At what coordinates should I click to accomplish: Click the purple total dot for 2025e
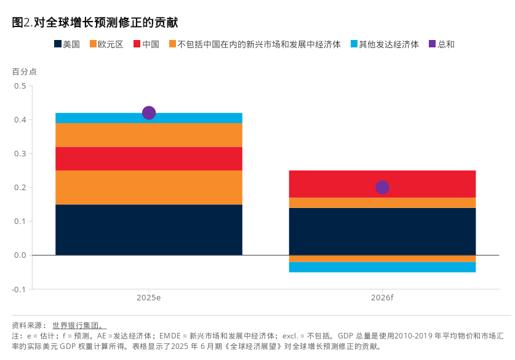coord(149,113)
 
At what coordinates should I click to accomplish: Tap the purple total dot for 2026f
coord(382,187)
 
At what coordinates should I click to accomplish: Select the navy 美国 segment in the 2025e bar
coord(149,230)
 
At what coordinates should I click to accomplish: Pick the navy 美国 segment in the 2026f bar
coord(382,231)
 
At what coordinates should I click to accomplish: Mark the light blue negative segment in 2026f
coord(382,267)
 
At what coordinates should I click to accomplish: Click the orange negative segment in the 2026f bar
coord(382,258)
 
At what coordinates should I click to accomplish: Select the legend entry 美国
coord(67,44)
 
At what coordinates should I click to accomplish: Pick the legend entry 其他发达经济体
coord(385,44)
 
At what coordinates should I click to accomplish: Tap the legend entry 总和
coord(441,44)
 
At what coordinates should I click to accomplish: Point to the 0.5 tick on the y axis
coord(20,86)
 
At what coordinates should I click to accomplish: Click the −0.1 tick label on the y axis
coord(18,289)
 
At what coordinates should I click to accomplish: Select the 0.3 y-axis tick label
coord(20,153)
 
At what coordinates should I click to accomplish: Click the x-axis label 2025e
coord(149,298)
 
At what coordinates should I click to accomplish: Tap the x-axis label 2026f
coord(382,298)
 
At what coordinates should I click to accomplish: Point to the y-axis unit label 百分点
coord(25,71)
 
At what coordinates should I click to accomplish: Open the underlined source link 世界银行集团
coord(79,326)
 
